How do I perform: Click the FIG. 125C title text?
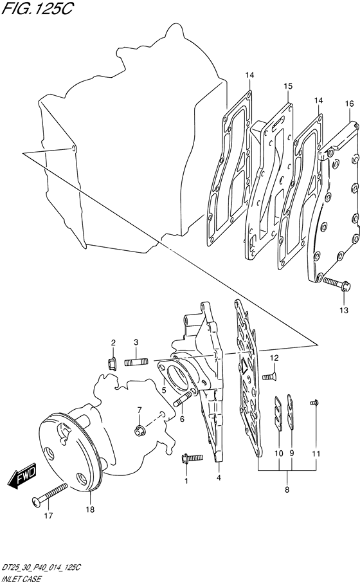tap(36, 8)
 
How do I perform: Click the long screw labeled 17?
tap(50, 494)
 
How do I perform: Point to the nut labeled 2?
tap(113, 363)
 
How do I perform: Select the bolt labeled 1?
tap(192, 458)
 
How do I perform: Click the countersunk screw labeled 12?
tap(269, 377)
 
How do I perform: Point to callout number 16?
tap(349, 104)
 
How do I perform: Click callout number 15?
tap(287, 86)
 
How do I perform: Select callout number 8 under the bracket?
tap(287, 490)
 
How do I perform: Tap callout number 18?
tap(90, 509)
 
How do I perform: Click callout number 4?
tap(219, 477)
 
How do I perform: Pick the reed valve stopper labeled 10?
tap(278, 415)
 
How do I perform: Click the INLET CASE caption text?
tap(21, 580)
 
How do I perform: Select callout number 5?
tap(163, 390)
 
